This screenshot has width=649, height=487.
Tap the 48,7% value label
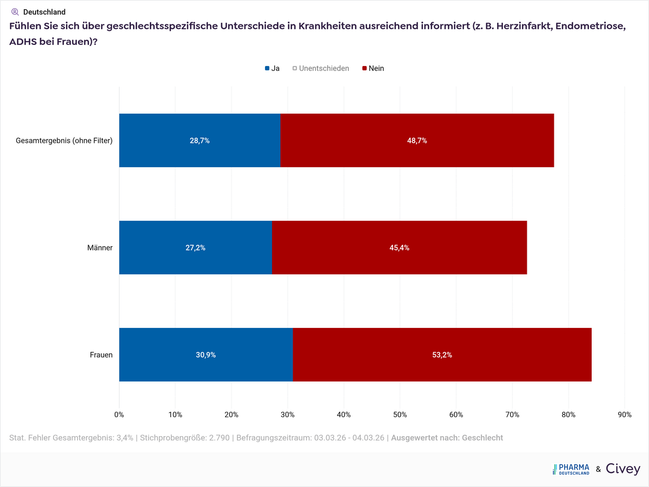point(416,140)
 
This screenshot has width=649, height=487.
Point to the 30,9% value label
point(205,355)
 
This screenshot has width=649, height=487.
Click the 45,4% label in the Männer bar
point(399,248)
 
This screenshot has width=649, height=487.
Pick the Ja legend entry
point(272,68)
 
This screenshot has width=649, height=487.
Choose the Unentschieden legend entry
point(321,68)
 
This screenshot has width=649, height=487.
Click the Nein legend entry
point(373,68)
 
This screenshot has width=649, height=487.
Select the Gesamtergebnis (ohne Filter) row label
point(64,141)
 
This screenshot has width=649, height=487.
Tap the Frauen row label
point(101,355)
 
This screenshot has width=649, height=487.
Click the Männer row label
point(100,248)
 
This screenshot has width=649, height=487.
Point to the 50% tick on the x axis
point(400,414)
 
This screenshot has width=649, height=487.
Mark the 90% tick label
point(624,414)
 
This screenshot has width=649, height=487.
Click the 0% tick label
point(119,414)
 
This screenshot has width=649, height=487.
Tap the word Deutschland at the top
point(44,12)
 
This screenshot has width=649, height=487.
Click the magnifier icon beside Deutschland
point(15,11)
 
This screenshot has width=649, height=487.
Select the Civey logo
point(622,469)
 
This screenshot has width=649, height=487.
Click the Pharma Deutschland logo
point(571,469)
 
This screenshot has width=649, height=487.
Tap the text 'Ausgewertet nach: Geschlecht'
point(447,437)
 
